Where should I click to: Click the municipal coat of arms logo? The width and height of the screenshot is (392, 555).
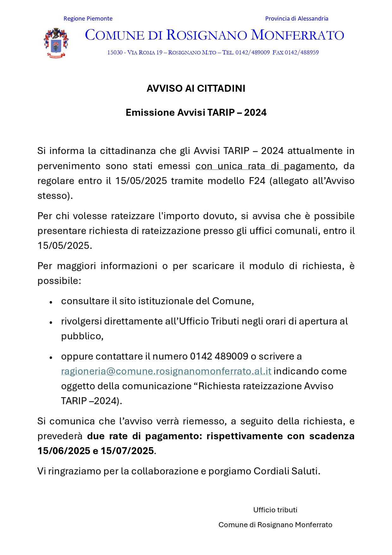point(56,43)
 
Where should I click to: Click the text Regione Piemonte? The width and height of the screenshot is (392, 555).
point(88,19)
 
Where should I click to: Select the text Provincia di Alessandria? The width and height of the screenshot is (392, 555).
point(297,19)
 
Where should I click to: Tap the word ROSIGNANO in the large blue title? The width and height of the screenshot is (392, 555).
point(207,35)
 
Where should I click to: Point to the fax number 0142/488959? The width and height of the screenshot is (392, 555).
point(302,52)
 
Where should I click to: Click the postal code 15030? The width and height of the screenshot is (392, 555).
point(115,52)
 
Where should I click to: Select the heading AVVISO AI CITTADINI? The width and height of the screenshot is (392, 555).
point(196,89)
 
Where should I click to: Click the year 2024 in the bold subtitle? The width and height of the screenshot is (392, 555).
point(255,113)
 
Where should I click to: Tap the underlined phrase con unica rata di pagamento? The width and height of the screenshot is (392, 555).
point(265,166)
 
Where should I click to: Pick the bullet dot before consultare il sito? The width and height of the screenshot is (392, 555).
point(51,302)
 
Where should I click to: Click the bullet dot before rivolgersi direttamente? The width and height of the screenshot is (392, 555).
point(51,322)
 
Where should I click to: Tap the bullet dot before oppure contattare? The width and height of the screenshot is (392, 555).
point(51,357)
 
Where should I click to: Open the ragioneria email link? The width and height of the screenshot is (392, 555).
point(166,371)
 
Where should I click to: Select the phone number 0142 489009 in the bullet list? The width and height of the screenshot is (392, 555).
point(219,356)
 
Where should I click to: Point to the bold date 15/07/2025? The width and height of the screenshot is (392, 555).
point(127,451)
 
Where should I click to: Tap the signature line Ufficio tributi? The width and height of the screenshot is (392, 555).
point(275,510)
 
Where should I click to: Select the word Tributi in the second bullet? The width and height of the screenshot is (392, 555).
point(225,321)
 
